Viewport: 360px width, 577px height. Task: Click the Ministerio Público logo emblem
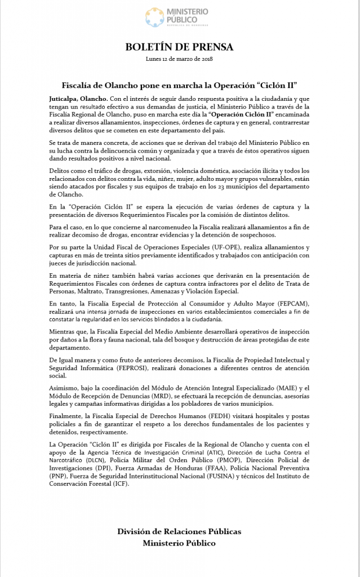click(x=155, y=17)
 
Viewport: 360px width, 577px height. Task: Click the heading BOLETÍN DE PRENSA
click(x=180, y=47)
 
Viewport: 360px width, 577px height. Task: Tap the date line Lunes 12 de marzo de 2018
click(x=180, y=59)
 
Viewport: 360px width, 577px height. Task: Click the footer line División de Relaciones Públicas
click(x=179, y=531)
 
